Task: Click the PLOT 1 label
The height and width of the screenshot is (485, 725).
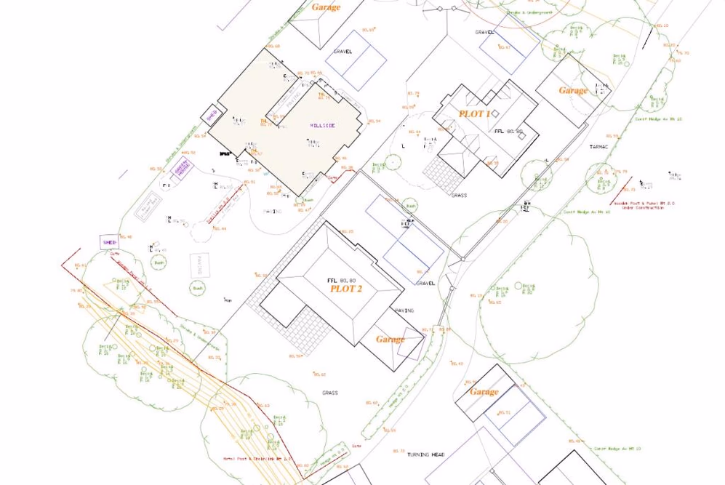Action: [x=474, y=114]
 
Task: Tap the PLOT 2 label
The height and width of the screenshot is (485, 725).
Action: [x=346, y=289]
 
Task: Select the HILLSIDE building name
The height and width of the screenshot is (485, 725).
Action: [x=322, y=126]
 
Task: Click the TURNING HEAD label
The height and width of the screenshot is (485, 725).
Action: [x=425, y=454]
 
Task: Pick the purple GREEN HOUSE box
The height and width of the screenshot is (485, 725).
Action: [x=181, y=168]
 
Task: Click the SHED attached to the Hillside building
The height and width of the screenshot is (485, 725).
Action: [x=212, y=115]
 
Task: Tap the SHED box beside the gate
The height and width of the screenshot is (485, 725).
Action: [x=109, y=242]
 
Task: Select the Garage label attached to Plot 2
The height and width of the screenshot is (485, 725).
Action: [x=390, y=339]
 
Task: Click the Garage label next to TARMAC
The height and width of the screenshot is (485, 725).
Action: [x=573, y=90]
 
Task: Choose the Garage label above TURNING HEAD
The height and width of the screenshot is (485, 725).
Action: [x=484, y=391]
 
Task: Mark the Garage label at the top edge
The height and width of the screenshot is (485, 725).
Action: [x=326, y=7]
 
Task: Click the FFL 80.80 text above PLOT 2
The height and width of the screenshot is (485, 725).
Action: [x=341, y=280]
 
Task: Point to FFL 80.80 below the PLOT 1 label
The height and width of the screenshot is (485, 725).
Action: [x=508, y=132]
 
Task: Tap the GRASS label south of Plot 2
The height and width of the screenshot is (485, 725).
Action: [x=330, y=393]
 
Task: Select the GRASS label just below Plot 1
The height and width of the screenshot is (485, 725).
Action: [x=459, y=195]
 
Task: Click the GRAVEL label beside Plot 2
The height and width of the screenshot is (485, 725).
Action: [x=425, y=283]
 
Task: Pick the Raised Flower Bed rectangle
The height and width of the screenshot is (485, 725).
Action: [x=149, y=206]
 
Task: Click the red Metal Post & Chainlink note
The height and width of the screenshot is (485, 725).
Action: [x=257, y=459]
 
